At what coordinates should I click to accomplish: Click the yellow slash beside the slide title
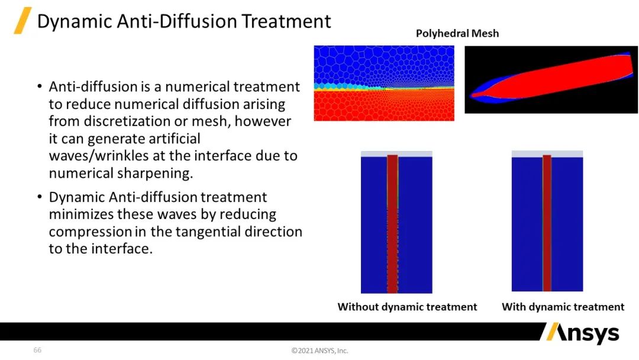(x=23, y=20)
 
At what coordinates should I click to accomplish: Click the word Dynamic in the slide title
(x=74, y=22)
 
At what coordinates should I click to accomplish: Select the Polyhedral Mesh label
(x=457, y=33)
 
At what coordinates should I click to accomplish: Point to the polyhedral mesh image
(x=384, y=83)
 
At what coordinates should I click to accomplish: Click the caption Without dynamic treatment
(x=407, y=307)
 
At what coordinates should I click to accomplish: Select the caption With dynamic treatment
(x=563, y=307)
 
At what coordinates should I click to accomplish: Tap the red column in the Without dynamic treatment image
(x=392, y=224)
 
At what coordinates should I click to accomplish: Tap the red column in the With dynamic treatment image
(x=547, y=223)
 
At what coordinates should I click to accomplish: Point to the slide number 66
(x=37, y=350)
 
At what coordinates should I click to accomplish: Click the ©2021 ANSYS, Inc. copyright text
(x=319, y=351)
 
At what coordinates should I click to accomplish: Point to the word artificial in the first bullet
(x=175, y=139)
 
